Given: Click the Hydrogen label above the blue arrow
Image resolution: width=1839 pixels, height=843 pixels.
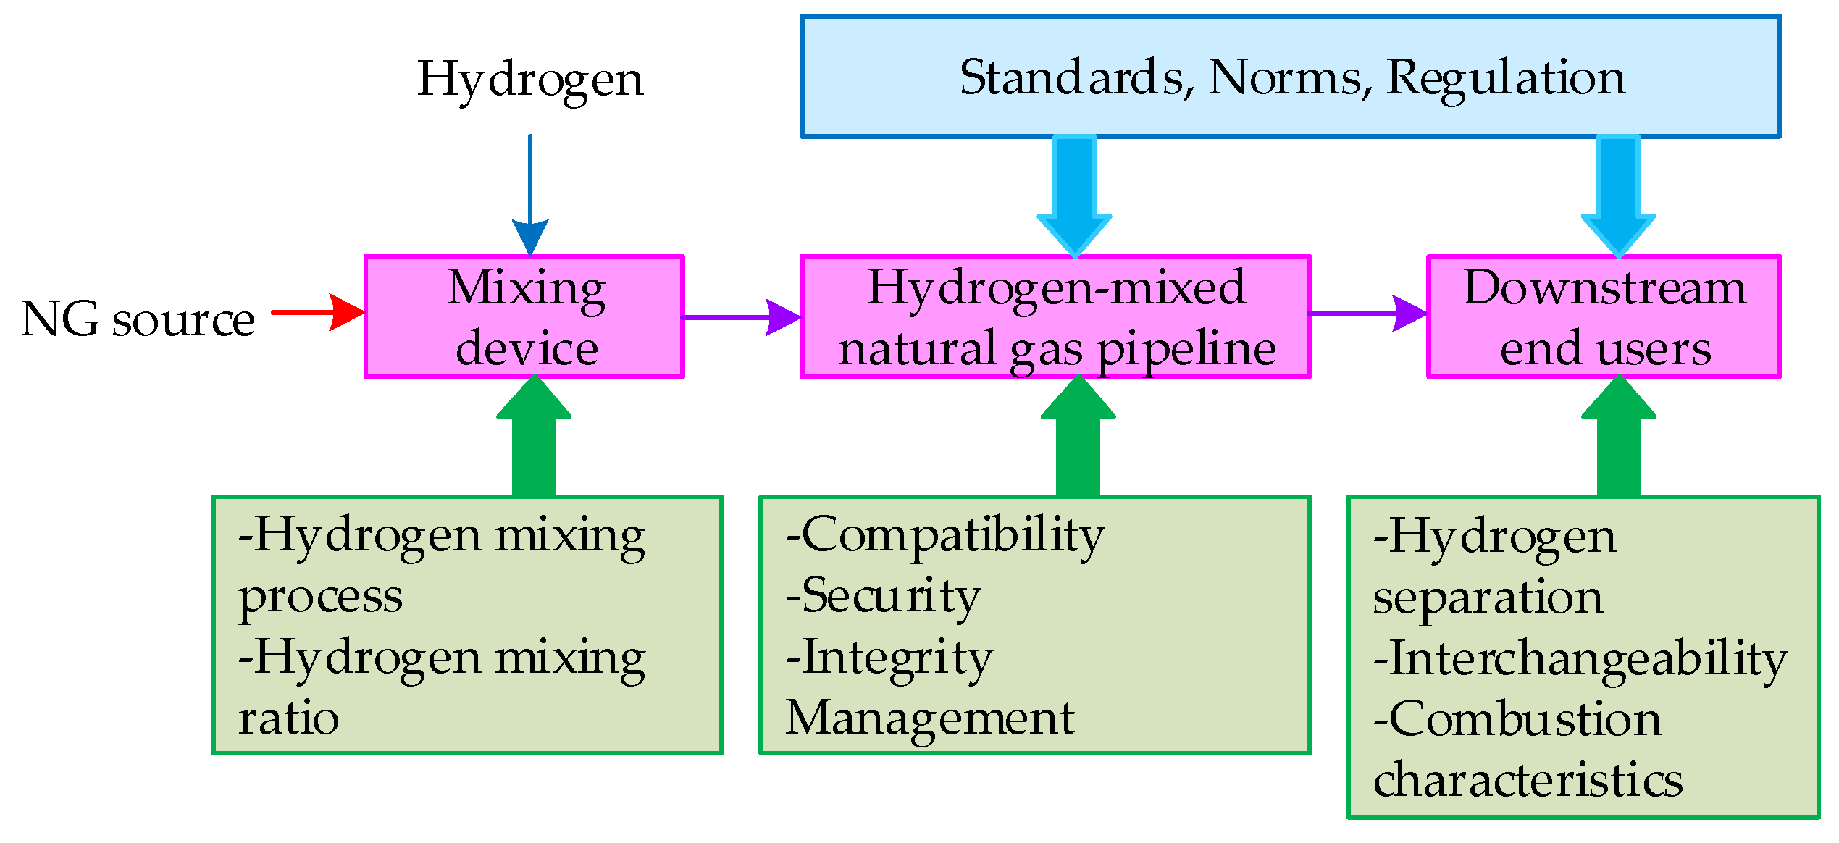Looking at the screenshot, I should pos(529,80).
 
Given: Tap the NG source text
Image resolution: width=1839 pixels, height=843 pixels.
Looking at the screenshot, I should pos(138,319).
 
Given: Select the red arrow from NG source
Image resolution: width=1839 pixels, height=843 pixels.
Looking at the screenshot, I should pos(319,312).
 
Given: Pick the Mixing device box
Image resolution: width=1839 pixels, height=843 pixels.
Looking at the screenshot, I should pos(524,316).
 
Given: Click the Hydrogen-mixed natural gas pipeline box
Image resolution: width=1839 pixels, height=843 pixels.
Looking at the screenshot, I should pos(1055,316).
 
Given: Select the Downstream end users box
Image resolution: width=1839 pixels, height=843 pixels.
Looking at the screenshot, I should pos(1604,316).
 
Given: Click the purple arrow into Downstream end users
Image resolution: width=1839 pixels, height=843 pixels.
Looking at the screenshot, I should pos(1369,314).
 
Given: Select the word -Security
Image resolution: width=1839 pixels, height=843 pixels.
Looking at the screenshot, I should pos(883,597).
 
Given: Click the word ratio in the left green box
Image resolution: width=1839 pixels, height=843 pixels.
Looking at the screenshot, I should pos(288,719).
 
